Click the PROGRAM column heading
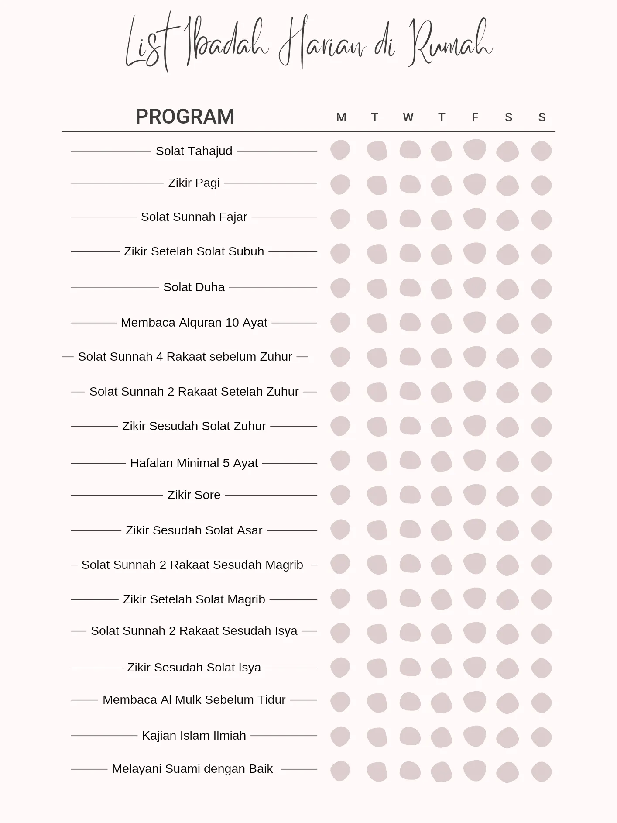[185, 117]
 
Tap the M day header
[341, 117]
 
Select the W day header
[408, 117]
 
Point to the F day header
[475, 117]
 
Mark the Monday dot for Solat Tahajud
[340, 150]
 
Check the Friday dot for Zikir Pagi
[475, 184]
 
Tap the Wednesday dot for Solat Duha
[410, 288]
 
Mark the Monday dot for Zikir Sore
[340, 495]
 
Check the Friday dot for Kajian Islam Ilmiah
[475, 736]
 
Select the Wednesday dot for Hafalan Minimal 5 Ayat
[410, 460]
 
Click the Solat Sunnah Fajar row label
[194, 217]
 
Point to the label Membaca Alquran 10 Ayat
[194, 323]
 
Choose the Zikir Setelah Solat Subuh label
[194, 251]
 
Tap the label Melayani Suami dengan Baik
[192, 769]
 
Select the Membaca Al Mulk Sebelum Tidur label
[194, 700]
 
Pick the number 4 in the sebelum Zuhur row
[159, 357]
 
